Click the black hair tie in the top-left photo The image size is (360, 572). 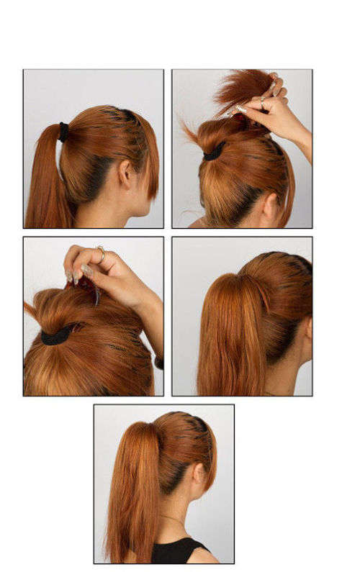64,132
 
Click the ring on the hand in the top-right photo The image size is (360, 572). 264,105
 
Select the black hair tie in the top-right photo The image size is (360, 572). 214,153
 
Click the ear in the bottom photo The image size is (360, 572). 199,474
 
